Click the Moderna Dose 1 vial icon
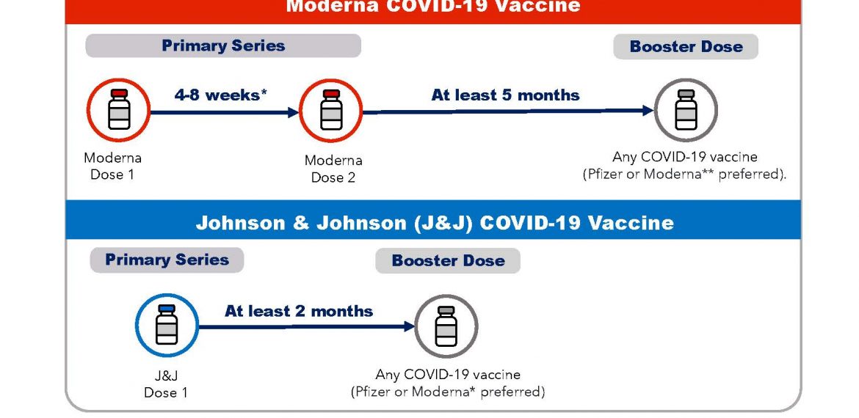(x=118, y=110)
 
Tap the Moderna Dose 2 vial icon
(x=331, y=111)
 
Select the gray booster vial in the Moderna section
(x=686, y=110)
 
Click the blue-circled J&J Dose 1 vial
(x=167, y=326)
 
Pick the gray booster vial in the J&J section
(x=446, y=326)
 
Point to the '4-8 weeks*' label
(x=221, y=95)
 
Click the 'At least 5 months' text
(x=505, y=95)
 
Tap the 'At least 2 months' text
(x=299, y=312)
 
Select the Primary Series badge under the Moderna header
(x=223, y=45)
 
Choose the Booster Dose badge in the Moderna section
(x=686, y=46)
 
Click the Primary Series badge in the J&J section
(x=167, y=260)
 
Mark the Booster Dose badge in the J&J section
(x=448, y=260)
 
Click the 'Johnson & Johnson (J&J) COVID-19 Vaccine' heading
(x=435, y=223)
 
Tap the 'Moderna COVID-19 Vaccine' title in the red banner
(x=432, y=6)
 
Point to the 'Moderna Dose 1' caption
(x=112, y=166)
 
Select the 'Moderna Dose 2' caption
(x=333, y=169)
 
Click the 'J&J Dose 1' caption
(x=165, y=384)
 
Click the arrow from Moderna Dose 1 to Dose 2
(x=225, y=113)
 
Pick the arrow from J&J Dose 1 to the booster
(x=307, y=326)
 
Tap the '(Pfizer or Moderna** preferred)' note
(x=684, y=175)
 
